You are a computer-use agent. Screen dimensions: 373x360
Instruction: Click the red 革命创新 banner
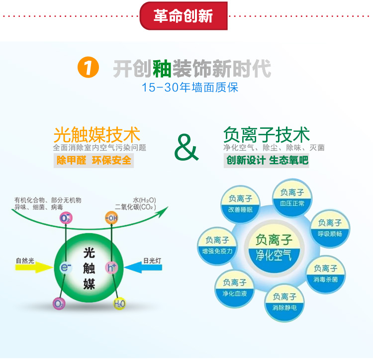(x=184, y=16)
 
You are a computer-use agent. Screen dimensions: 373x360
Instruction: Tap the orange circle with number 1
(x=88, y=67)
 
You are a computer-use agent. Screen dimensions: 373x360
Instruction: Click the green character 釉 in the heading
(x=162, y=69)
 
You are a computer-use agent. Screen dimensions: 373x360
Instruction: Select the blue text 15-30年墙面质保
(x=190, y=88)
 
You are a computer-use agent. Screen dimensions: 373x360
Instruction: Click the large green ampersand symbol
(x=186, y=147)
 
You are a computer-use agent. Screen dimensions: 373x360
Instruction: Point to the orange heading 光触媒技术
(x=97, y=135)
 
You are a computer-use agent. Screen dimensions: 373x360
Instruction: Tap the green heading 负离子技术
(x=267, y=135)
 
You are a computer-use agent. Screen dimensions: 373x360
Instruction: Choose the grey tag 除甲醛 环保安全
(x=93, y=161)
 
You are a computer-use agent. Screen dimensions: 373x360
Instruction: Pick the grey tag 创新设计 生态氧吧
(x=267, y=161)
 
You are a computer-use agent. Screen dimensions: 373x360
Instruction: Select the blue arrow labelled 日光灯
(x=143, y=268)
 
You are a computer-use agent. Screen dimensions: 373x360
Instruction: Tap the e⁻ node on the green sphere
(x=66, y=268)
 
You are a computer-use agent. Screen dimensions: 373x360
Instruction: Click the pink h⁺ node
(x=111, y=268)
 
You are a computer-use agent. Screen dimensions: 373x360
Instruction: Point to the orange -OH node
(x=111, y=218)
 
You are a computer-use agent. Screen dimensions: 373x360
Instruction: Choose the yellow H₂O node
(x=119, y=303)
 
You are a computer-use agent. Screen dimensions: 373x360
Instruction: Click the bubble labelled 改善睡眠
(x=240, y=204)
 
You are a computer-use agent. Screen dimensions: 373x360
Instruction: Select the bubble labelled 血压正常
(x=292, y=198)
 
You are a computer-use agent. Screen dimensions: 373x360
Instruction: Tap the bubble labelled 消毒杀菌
(x=325, y=274)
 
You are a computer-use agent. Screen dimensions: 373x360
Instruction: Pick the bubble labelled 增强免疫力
(x=217, y=246)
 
